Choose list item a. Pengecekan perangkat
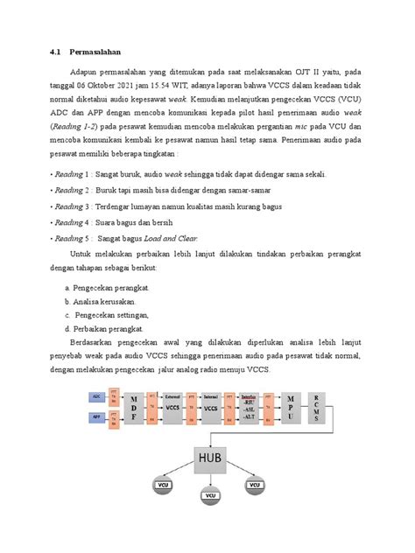107,286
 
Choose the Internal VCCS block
211,407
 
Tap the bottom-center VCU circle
210,497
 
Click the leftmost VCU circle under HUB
164,484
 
